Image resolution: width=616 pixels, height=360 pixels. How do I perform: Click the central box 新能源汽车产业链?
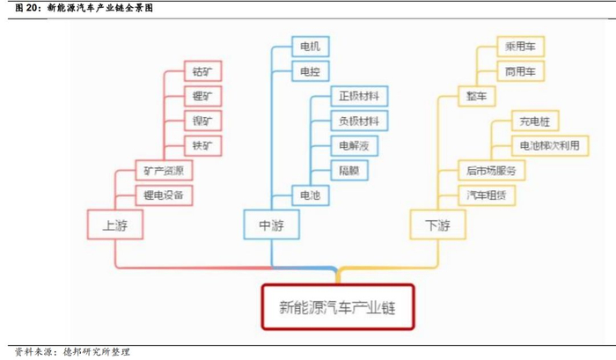338,307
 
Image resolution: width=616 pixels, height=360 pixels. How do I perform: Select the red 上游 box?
115,224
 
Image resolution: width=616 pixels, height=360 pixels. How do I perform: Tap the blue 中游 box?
273,224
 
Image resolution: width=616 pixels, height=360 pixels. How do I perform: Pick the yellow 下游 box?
437,224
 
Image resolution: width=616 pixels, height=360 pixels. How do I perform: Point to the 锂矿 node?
202,96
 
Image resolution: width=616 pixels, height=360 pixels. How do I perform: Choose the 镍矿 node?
202,121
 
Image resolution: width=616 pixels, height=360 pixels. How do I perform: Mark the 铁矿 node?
202,145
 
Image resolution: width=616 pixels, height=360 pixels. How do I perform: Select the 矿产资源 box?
164,170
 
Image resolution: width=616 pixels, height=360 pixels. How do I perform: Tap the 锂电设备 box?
164,195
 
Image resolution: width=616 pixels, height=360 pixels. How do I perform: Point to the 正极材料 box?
358,96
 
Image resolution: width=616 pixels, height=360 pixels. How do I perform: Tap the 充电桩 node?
535,121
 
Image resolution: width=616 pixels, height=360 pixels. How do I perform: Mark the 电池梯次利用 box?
549,145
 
